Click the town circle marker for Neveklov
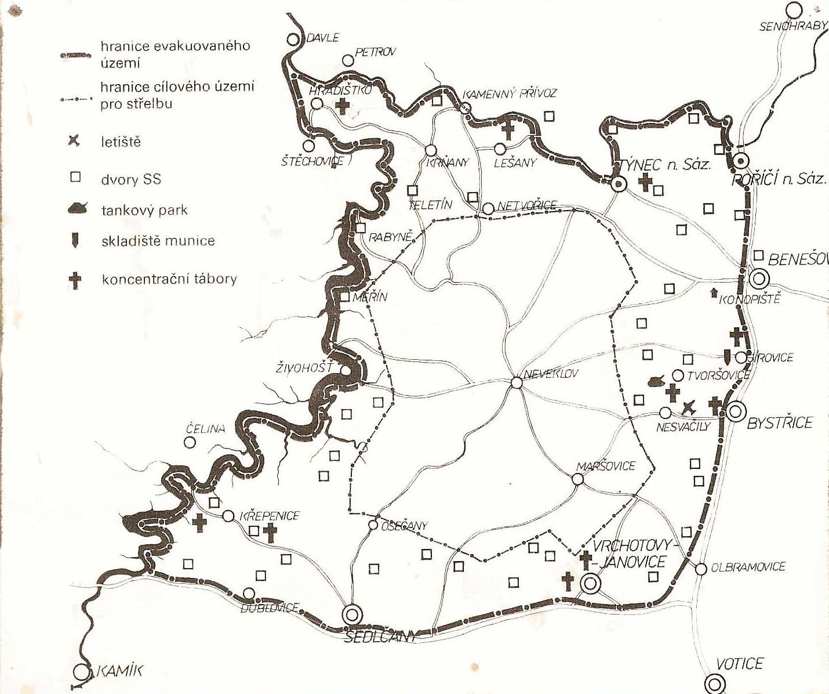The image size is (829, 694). click(517, 383)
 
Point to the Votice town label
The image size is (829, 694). click(740, 663)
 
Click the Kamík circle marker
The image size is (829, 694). click(82, 672)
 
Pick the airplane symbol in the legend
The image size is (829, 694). click(74, 141)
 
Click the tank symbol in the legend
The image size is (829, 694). click(77, 209)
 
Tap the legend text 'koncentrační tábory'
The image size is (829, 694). click(169, 279)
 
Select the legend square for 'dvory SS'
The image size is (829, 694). click(75, 177)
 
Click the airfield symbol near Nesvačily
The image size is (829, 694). click(688, 407)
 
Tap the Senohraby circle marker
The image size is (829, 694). click(794, 10)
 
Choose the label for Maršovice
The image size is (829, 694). click(606, 466)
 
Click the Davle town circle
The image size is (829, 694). click(294, 39)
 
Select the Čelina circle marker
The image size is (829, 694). click(189, 442)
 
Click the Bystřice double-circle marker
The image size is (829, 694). click(736, 412)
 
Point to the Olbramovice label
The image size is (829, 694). click(748, 567)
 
